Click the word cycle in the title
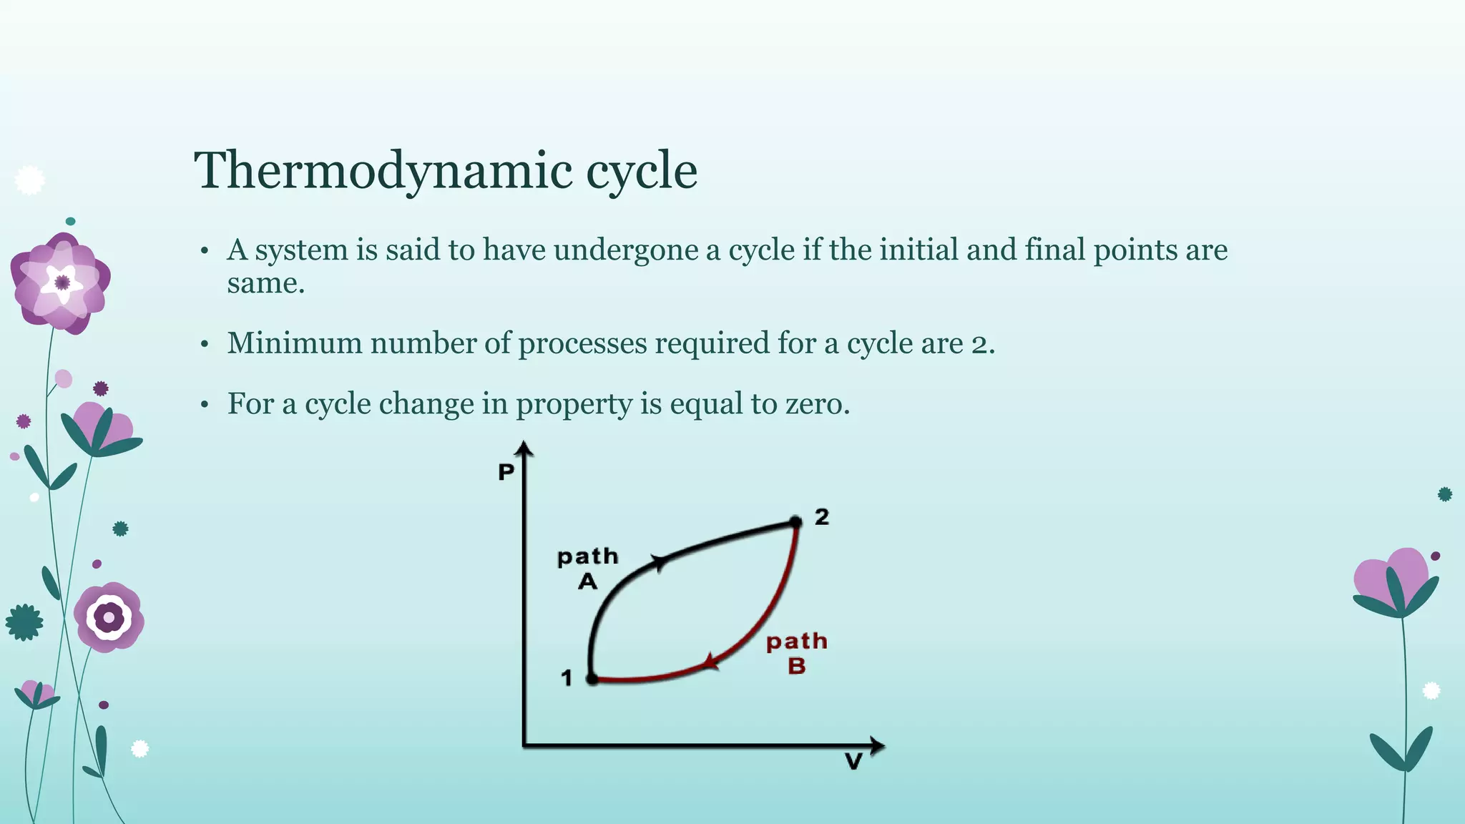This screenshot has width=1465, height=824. (x=642, y=172)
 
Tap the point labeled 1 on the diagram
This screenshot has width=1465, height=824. (x=592, y=678)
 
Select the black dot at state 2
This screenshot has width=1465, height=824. (x=795, y=522)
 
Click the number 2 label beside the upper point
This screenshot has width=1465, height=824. (x=822, y=516)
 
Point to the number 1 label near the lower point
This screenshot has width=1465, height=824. (x=567, y=677)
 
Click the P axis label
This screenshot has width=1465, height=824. (x=506, y=472)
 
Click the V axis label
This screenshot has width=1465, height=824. (x=853, y=762)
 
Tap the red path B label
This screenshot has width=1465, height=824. (x=797, y=653)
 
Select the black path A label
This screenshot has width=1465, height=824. (x=588, y=569)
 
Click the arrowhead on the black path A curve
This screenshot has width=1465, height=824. (x=659, y=562)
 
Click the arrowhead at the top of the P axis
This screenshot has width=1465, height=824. (x=525, y=448)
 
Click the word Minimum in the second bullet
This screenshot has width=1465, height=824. (x=295, y=343)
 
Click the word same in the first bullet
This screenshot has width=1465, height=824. (x=262, y=284)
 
